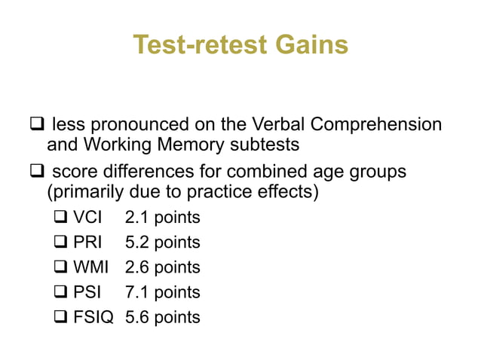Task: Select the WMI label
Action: (93, 268)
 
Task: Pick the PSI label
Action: (89, 293)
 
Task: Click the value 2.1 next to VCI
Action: (136, 218)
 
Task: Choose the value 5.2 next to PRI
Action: (136, 243)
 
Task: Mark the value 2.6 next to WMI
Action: (136, 268)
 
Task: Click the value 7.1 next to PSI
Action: (136, 293)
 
